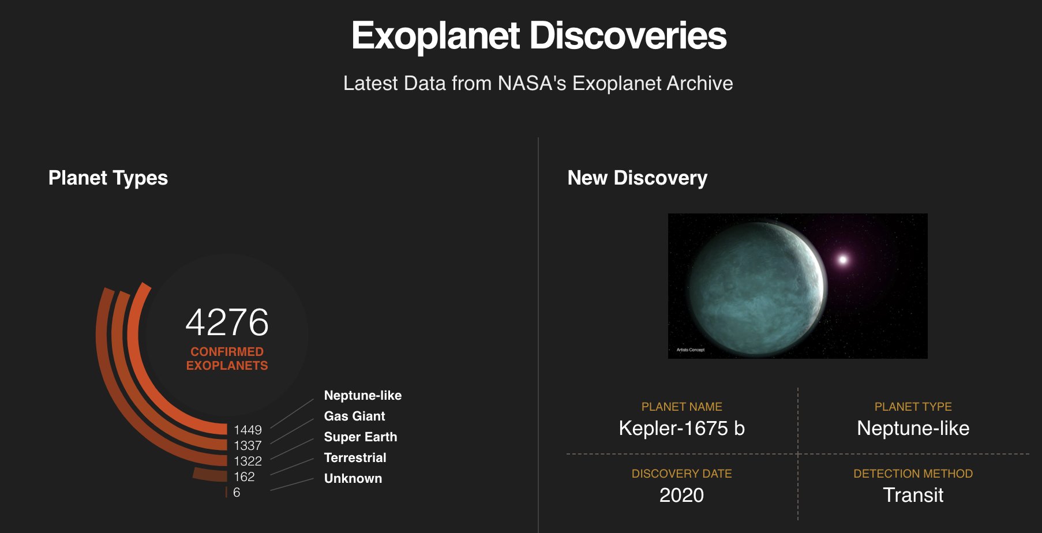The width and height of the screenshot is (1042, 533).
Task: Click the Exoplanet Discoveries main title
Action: tap(538, 36)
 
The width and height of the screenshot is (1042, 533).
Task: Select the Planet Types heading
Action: tap(108, 178)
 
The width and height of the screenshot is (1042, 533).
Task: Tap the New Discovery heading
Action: tap(637, 178)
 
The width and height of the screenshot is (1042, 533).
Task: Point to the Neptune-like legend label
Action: tap(362, 395)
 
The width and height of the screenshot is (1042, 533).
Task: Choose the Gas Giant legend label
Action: tap(354, 416)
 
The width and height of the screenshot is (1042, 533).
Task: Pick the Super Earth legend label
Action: tap(360, 437)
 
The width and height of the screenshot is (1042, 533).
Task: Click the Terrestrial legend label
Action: tap(355, 457)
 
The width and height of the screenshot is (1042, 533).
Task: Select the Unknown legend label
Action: tap(353, 478)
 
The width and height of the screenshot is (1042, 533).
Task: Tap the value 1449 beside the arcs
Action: tap(248, 430)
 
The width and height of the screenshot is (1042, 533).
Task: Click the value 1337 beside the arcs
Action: tap(248, 445)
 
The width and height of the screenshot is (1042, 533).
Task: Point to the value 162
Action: tap(244, 476)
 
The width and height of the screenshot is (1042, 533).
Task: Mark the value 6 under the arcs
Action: tap(237, 492)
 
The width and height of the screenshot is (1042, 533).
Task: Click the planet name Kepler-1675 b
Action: tap(681, 428)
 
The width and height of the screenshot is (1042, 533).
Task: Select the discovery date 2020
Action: tap(681, 495)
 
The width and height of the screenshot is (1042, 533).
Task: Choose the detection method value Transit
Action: tap(913, 495)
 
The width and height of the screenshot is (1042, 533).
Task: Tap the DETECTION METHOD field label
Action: tap(913, 474)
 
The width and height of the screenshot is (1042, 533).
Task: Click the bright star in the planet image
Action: tap(842, 260)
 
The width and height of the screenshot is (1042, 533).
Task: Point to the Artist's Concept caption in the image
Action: tap(690, 350)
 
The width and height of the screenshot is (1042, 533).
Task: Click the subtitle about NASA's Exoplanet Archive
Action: tap(538, 83)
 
